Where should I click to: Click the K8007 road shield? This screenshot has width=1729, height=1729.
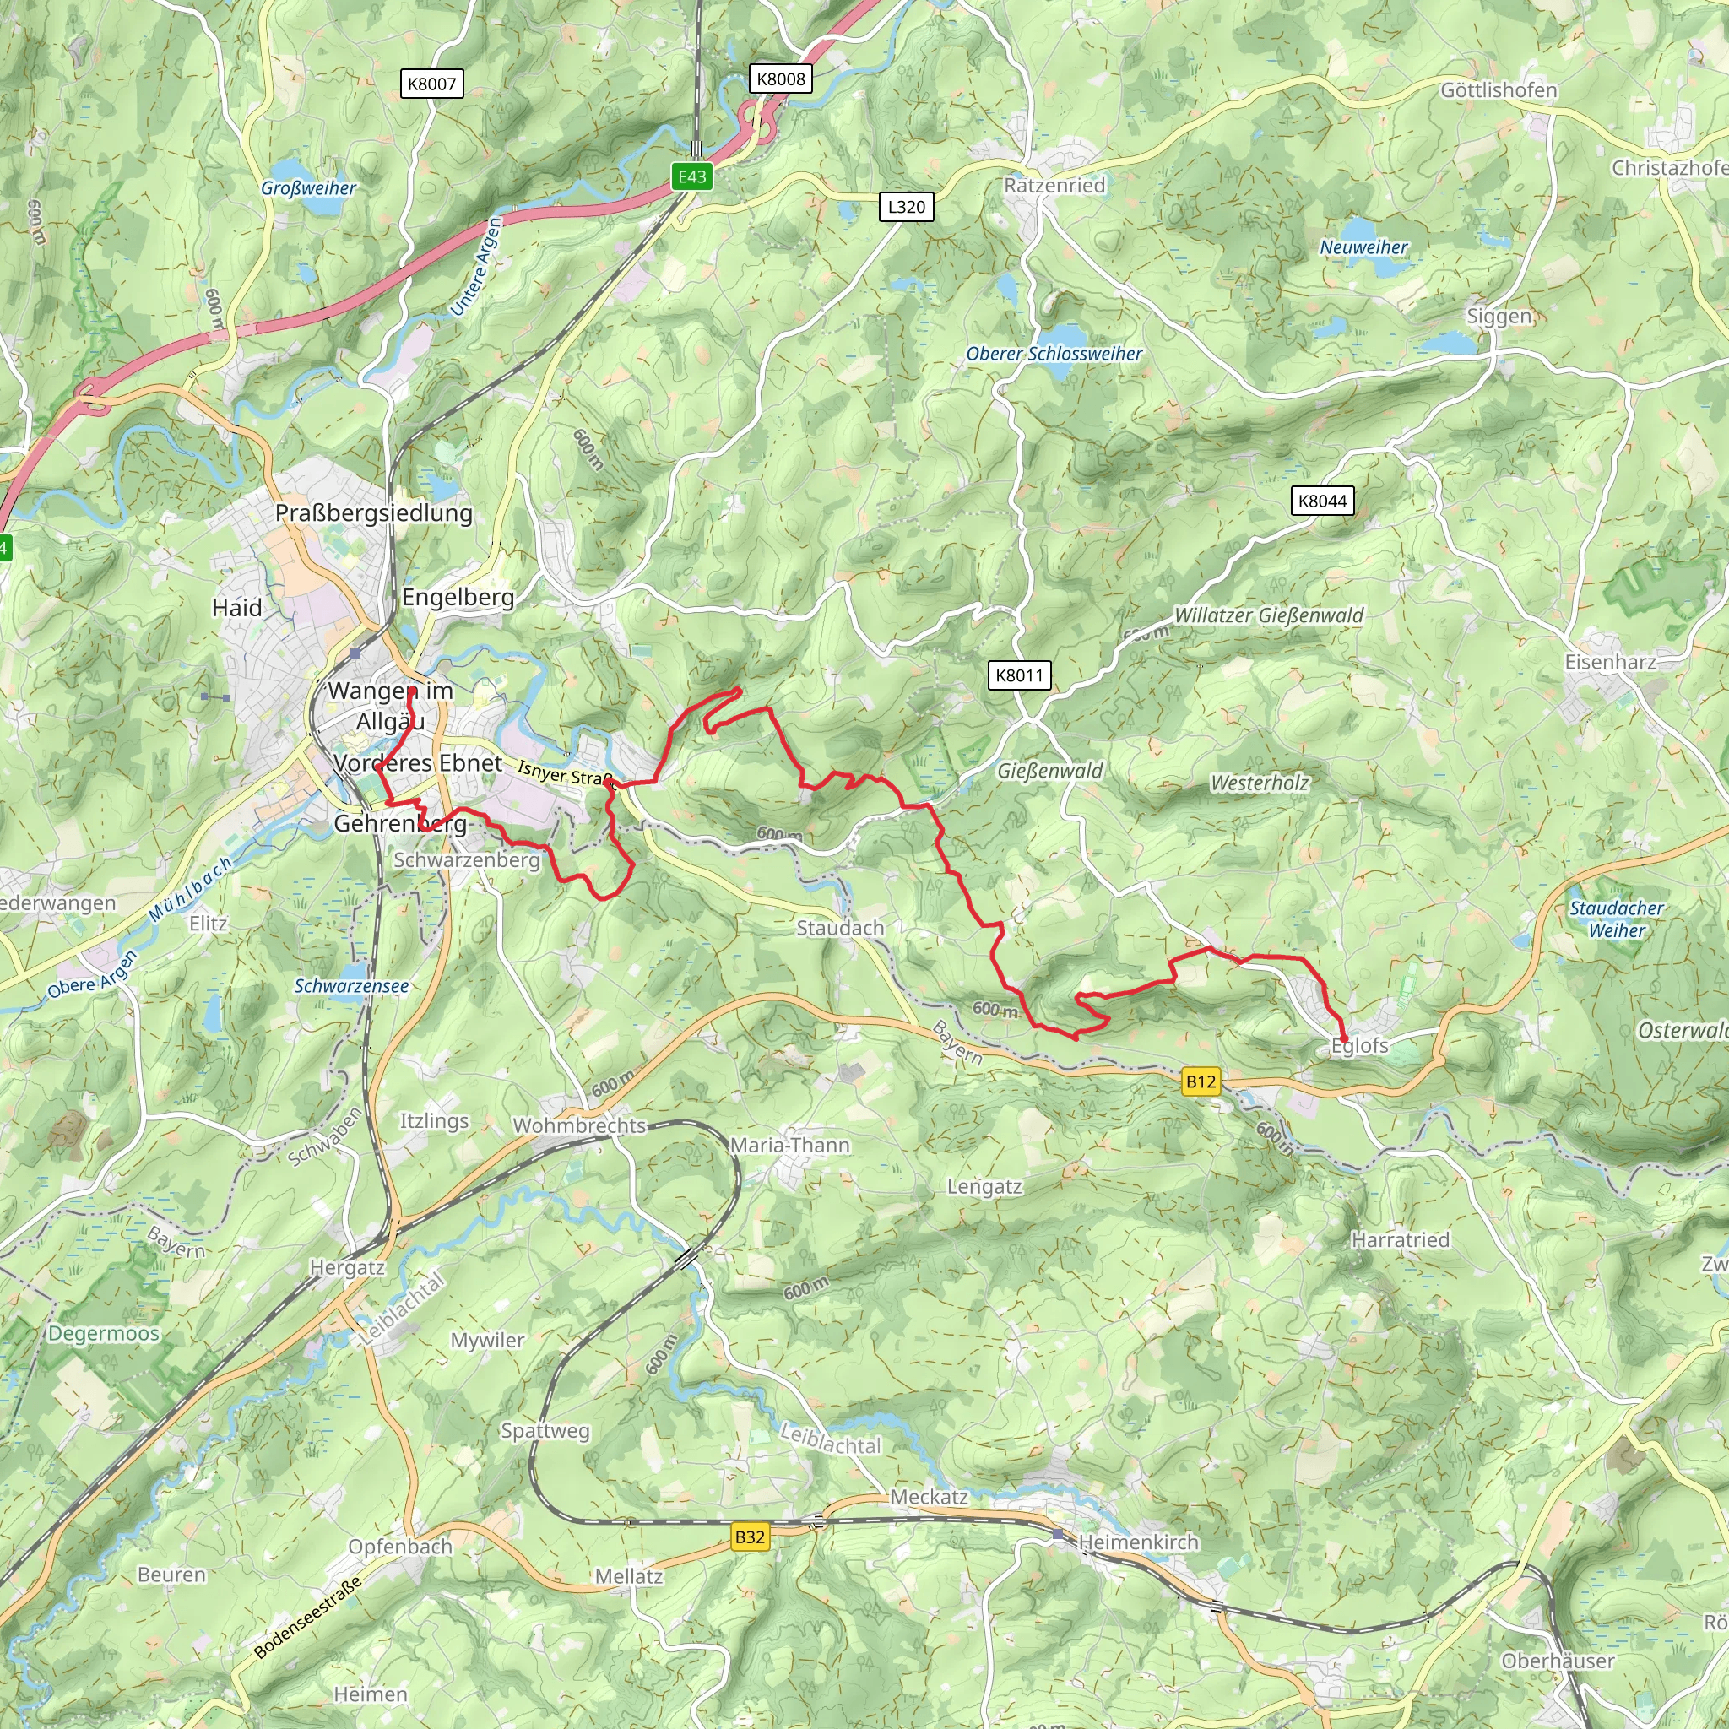point(431,84)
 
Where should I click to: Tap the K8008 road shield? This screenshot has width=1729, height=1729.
point(780,79)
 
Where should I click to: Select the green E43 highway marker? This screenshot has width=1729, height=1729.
point(691,176)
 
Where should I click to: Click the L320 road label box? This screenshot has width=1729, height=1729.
point(906,207)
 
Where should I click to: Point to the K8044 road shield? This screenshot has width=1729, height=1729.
point(1322,501)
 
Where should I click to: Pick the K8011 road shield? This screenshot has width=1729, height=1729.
point(1019,675)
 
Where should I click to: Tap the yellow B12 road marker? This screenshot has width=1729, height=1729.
point(1201,1082)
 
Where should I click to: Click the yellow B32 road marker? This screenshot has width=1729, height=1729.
point(749,1537)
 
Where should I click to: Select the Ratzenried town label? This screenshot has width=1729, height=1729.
point(1054,185)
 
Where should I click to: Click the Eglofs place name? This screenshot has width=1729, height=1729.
point(1358,1045)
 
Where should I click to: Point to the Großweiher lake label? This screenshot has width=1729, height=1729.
point(308,188)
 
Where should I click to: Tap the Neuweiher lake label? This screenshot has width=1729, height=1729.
point(1363,247)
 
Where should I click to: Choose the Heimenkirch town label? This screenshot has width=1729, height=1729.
point(1137,1542)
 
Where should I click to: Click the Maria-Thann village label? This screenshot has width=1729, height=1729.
point(789,1145)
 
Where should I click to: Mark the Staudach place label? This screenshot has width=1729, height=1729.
point(839,928)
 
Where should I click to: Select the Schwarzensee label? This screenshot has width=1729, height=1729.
point(351,985)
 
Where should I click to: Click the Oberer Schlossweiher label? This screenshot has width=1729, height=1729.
point(1054,354)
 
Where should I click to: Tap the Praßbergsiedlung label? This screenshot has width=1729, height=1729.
point(373,512)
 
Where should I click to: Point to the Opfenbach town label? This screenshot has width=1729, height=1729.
point(400,1547)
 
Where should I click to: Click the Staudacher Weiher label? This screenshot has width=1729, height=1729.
point(1616,919)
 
